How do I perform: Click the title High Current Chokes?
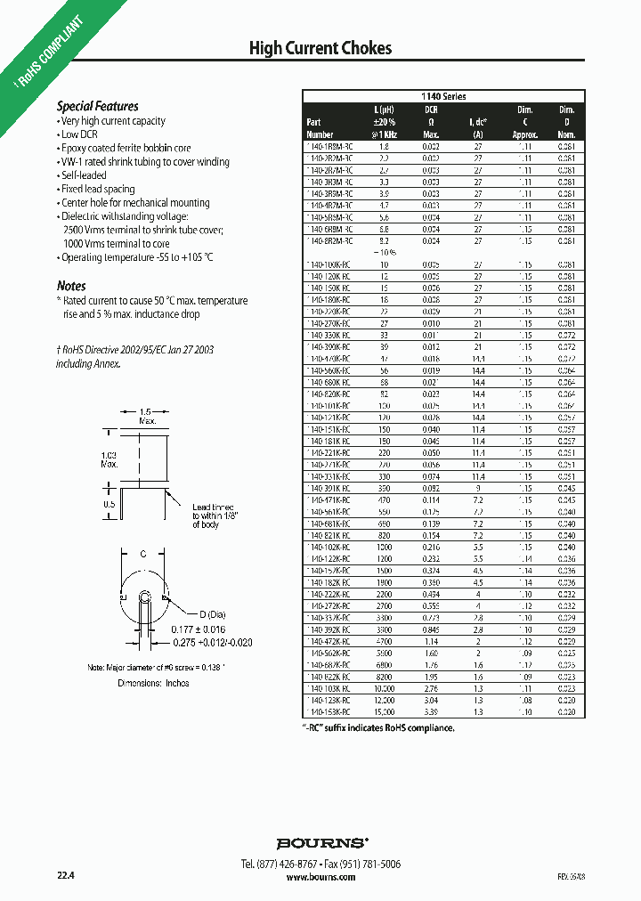[x=320, y=48]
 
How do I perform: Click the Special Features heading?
[x=98, y=106]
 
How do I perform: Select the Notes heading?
[x=71, y=286]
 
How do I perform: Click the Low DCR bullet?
[x=81, y=134]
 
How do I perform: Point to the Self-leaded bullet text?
[x=84, y=175]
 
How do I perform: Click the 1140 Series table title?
[x=443, y=96]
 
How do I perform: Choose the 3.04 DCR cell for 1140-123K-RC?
[x=431, y=701]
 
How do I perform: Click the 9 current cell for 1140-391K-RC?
[x=478, y=488]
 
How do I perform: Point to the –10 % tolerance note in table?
[x=384, y=253]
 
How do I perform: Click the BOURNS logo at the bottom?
[x=320, y=842]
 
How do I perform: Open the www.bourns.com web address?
[x=320, y=877]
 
